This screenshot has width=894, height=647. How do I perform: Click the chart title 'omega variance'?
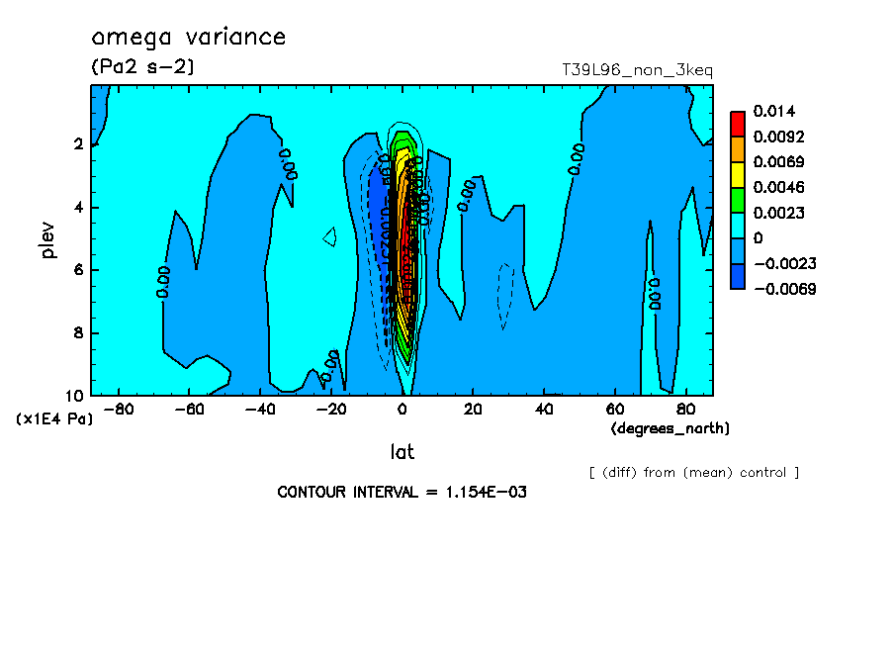tap(188, 39)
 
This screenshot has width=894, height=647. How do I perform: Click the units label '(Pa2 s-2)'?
tap(142, 67)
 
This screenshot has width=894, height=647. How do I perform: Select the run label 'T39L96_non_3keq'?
tap(637, 70)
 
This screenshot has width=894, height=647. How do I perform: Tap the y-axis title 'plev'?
tap(50, 239)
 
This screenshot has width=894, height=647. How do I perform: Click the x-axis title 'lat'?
tap(402, 452)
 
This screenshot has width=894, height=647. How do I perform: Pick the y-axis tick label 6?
tap(76, 270)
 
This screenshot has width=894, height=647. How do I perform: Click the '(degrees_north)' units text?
tap(670, 427)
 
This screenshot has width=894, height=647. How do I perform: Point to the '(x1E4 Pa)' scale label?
tap(54, 419)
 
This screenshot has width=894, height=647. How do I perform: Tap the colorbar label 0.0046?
tap(780, 187)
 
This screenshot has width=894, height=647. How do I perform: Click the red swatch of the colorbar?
tap(738, 123)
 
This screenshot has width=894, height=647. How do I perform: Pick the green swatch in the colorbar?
tap(738, 200)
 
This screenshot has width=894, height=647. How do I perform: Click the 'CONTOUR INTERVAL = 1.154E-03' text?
tap(402, 493)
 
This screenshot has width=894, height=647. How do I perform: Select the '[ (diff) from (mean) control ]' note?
tap(693, 473)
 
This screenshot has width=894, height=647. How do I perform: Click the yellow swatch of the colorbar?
tap(738, 174)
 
